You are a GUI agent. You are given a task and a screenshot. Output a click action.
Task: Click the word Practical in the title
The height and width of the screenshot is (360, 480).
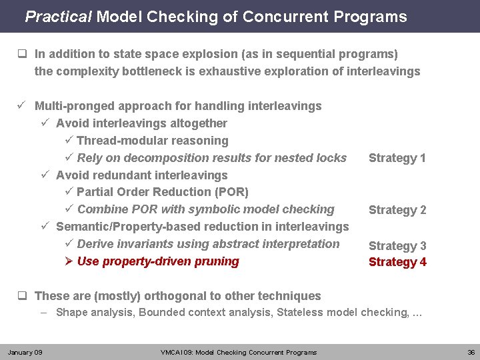coord(58,17)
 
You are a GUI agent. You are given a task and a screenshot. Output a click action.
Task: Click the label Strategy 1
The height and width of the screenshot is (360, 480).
coord(397,158)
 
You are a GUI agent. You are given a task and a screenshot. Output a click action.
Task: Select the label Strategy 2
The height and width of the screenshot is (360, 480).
coord(397,210)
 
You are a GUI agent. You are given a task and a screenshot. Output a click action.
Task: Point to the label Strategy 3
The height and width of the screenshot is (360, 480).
coord(397,246)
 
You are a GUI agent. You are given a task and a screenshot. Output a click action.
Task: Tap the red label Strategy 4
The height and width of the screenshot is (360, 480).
coord(397,262)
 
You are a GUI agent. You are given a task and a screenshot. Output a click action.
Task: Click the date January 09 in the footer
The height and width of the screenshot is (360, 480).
coord(25,352)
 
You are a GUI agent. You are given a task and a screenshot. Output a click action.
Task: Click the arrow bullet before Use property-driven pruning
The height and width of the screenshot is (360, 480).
coord(69,261)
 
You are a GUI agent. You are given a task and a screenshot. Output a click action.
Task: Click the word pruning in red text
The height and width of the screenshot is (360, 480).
coord(217,261)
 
